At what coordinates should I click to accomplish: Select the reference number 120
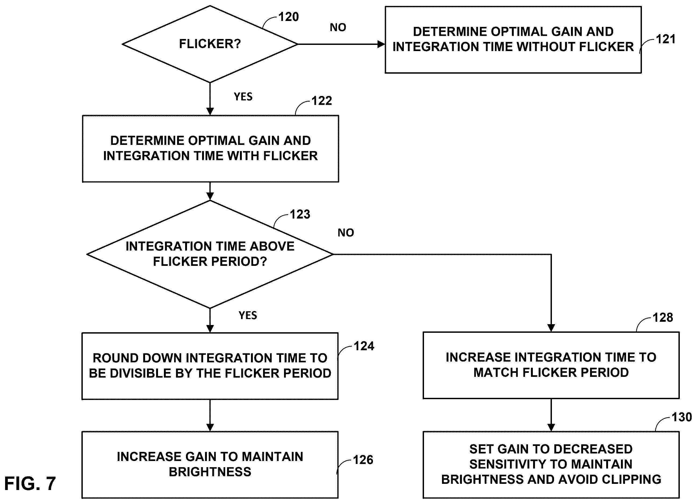click(x=289, y=17)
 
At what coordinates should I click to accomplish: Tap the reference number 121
click(x=666, y=39)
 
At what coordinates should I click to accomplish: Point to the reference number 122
click(x=322, y=101)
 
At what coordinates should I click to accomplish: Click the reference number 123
click(x=300, y=214)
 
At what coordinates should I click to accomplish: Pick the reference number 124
click(x=364, y=346)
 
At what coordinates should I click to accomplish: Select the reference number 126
click(x=363, y=460)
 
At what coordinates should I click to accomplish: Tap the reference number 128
click(x=663, y=318)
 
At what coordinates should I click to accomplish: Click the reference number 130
click(x=682, y=417)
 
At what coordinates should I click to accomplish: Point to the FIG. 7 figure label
click(x=30, y=483)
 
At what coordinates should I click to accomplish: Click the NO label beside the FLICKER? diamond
click(x=338, y=28)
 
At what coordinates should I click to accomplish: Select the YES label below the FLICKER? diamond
click(x=243, y=97)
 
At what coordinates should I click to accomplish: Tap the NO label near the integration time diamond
click(x=346, y=233)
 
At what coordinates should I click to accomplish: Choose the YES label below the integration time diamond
click(x=248, y=316)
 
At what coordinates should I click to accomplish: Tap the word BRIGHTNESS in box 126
click(x=210, y=472)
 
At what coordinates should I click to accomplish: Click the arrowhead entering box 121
click(x=381, y=44)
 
